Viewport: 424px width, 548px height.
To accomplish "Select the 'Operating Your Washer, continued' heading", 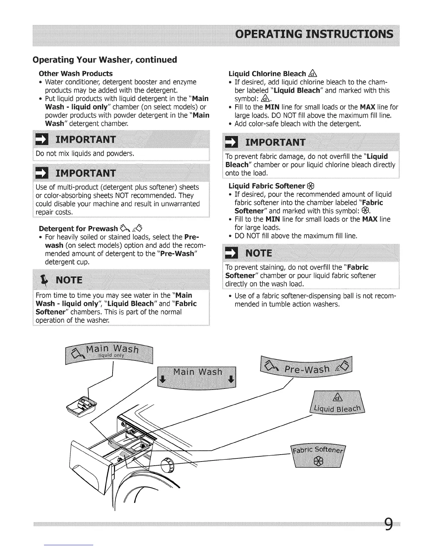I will pyautogui.click(x=105, y=60).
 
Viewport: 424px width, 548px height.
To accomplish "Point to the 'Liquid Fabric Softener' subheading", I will pyautogui.click(x=267, y=186).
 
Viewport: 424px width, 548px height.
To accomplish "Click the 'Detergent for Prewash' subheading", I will pyautogui.click(x=78, y=229).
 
